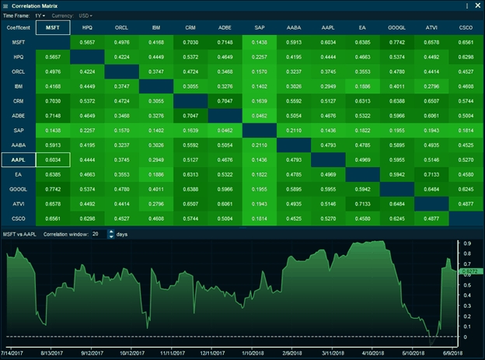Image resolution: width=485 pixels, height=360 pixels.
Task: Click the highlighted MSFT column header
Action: tap(53, 27)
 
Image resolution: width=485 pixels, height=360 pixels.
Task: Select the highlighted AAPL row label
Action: tap(17, 159)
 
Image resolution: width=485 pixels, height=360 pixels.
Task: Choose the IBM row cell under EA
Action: tap(362, 86)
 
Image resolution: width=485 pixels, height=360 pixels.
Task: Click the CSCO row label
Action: tap(17, 218)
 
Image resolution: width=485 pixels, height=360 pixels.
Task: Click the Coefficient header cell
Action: tap(17, 27)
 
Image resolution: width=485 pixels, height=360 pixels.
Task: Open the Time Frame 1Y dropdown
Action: tap(40, 15)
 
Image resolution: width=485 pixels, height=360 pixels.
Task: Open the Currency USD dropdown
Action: tap(85, 15)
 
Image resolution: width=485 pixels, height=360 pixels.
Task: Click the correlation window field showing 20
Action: tap(96, 233)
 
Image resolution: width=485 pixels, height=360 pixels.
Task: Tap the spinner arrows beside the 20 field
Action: tap(108, 233)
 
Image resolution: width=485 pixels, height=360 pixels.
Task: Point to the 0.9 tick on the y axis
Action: tap(466, 243)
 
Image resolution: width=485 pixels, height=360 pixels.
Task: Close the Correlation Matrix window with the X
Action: tap(476, 5)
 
